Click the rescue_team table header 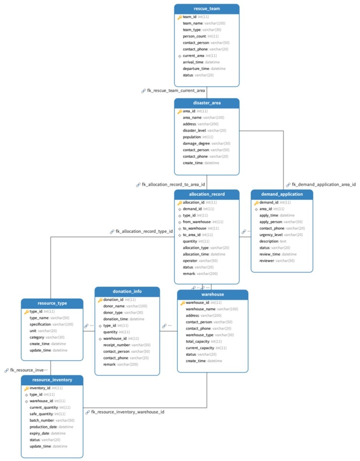point(207,9)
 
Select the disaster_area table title point(207,103)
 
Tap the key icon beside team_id point(180,17)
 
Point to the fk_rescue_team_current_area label point(176,91)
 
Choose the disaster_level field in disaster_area point(205,130)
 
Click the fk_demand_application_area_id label point(324,184)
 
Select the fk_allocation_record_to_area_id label point(173,184)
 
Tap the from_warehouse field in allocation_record point(203,222)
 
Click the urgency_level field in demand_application point(281,235)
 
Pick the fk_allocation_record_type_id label point(144,231)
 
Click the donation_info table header point(127,292)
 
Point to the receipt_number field point(127,345)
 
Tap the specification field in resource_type point(51,324)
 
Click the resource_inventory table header point(52,380)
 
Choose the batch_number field point(52,420)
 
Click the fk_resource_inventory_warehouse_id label point(127,412)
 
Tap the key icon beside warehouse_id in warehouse point(182,303)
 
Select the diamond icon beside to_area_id point(180,235)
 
